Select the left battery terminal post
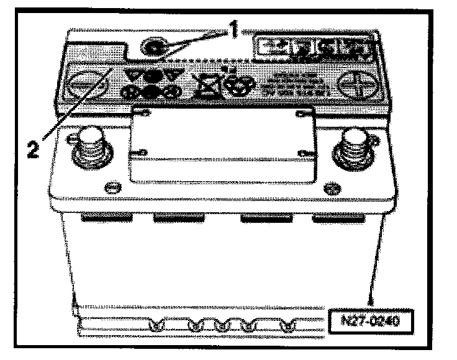91,148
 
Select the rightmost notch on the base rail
287,326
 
